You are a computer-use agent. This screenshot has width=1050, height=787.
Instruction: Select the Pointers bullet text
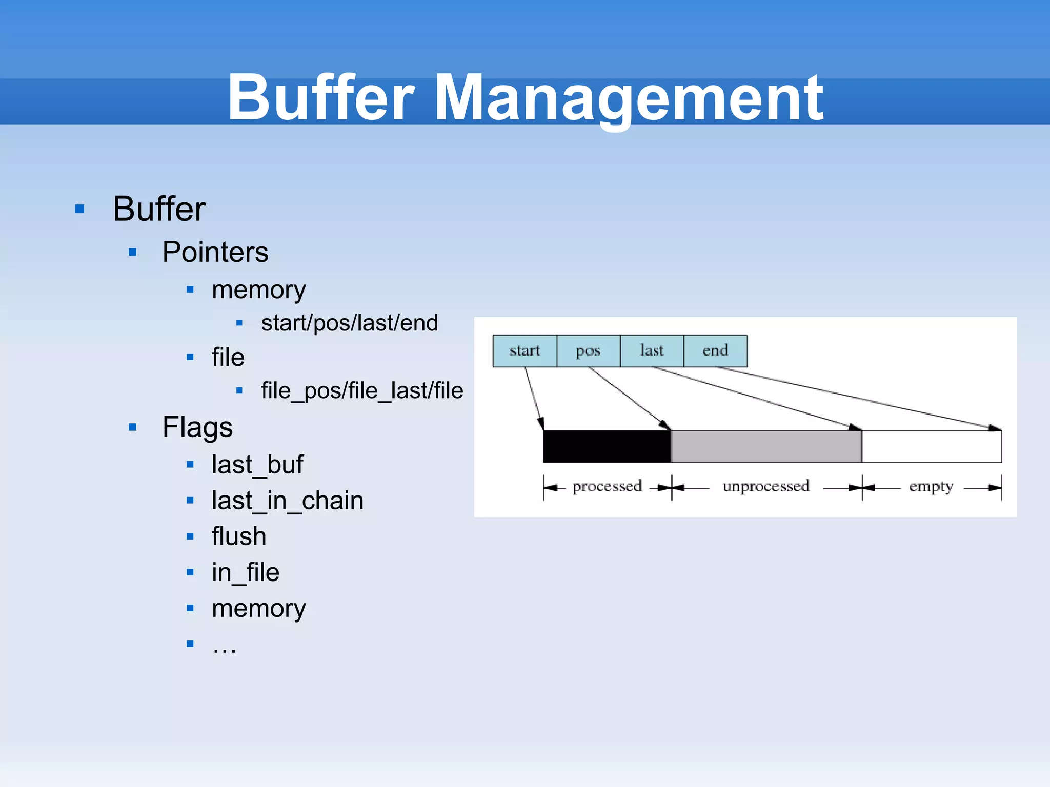click(x=215, y=252)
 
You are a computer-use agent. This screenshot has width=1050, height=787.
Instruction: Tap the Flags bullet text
click(x=197, y=427)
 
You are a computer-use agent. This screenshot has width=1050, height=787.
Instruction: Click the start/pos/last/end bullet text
click(x=350, y=323)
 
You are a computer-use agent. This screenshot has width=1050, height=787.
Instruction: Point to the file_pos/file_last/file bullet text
click(x=362, y=390)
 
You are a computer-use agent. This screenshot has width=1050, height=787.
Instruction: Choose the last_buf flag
click(x=257, y=465)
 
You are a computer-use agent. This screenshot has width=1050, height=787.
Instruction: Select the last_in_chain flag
click(x=288, y=501)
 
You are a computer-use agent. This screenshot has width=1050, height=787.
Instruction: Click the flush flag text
click(x=239, y=536)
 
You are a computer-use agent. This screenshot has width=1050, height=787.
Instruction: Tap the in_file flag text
click(x=246, y=572)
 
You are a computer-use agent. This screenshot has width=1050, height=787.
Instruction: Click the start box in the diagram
click(x=524, y=351)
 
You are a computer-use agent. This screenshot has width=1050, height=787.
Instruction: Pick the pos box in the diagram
click(x=588, y=351)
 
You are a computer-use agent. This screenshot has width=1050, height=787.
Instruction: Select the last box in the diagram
click(x=652, y=351)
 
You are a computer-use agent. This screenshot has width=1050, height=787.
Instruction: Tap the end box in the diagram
click(x=715, y=351)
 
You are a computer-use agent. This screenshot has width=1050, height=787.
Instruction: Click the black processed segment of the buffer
click(x=607, y=446)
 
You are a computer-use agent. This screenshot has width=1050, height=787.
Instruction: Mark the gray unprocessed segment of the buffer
click(x=766, y=446)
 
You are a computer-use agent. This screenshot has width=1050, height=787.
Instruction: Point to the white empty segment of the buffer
click(x=931, y=446)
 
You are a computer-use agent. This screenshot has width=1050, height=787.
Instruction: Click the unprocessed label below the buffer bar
click(x=766, y=486)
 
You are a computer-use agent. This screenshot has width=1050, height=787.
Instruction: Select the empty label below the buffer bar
click(x=931, y=486)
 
